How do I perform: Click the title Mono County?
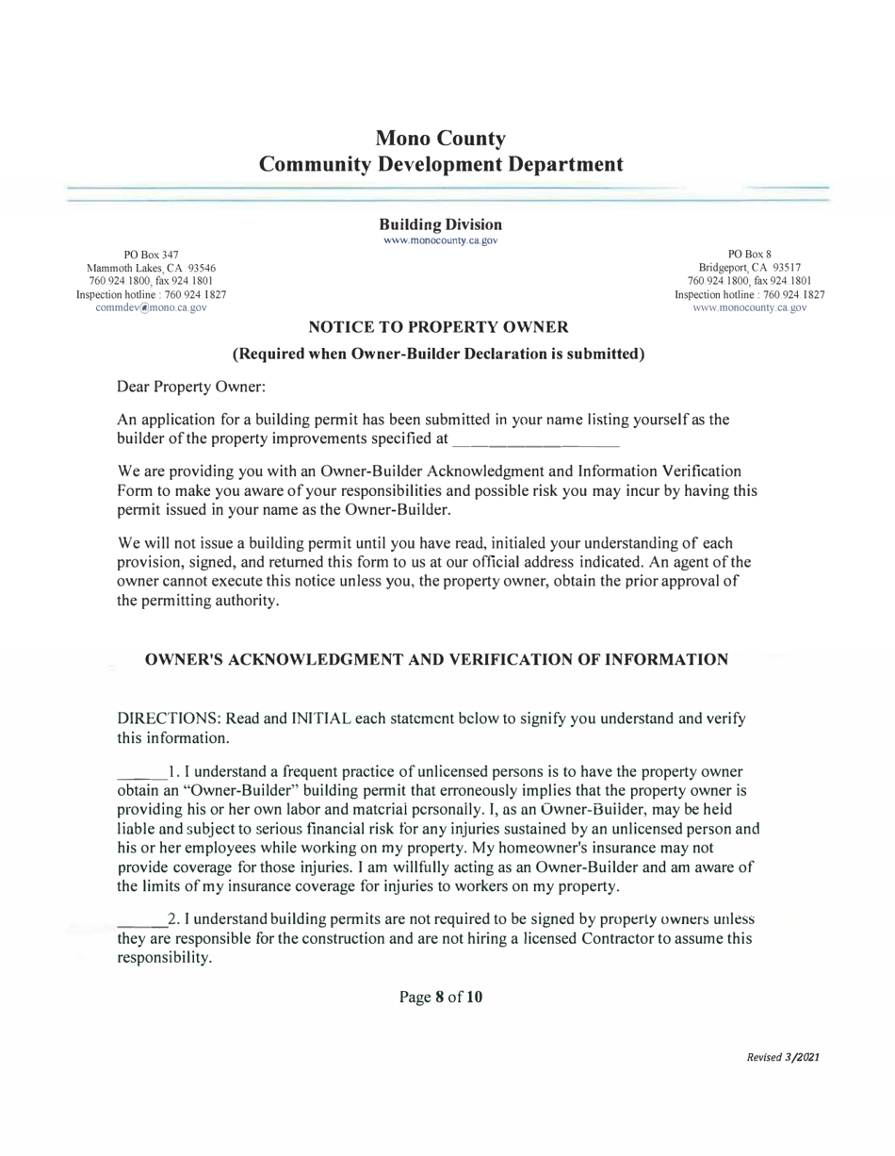(x=441, y=139)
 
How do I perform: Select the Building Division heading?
(x=440, y=224)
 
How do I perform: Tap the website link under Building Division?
(x=440, y=240)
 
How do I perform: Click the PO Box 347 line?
(x=151, y=255)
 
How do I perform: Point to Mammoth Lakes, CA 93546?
(x=151, y=268)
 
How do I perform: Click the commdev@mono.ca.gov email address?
(x=151, y=307)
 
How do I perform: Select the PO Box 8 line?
(x=750, y=255)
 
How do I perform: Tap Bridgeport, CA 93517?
(x=750, y=268)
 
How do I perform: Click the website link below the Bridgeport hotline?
(x=750, y=307)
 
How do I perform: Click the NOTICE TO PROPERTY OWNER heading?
(x=438, y=328)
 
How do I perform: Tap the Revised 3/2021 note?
(x=781, y=1058)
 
